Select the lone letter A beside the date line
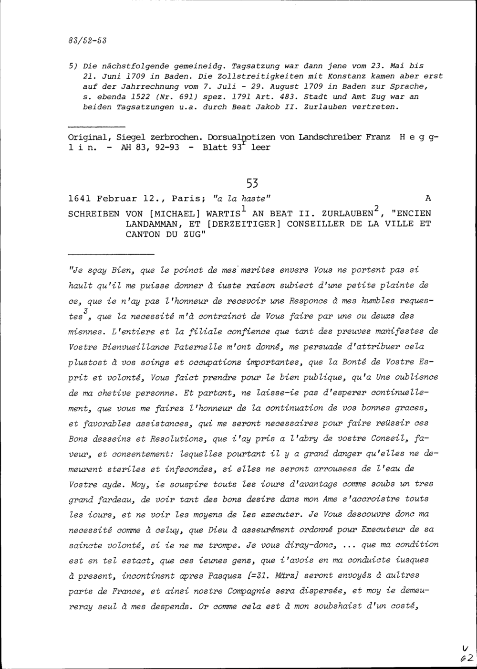[427, 198]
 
